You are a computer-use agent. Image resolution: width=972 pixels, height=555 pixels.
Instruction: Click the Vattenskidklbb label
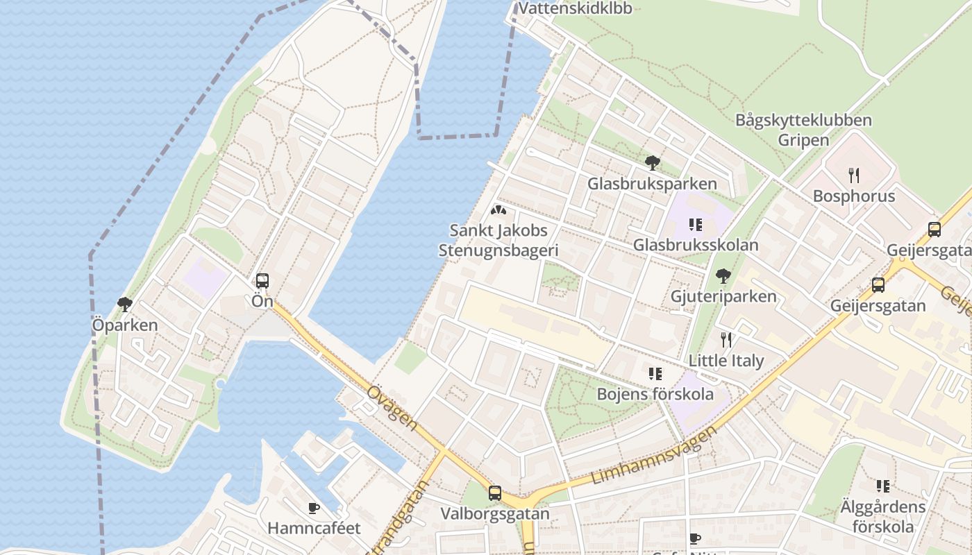(x=576, y=8)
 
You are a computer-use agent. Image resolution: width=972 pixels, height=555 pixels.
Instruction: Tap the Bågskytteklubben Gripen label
(x=803, y=130)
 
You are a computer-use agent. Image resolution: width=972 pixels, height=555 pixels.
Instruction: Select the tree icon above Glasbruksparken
(x=652, y=163)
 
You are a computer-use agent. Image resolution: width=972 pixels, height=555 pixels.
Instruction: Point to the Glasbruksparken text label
(x=652, y=184)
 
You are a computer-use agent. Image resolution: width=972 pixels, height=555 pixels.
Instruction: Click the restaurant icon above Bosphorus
(x=853, y=175)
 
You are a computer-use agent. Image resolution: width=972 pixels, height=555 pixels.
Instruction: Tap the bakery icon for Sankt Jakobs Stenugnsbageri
(x=498, y=210)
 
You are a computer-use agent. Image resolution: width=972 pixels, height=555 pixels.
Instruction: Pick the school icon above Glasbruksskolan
(x=695, y=224)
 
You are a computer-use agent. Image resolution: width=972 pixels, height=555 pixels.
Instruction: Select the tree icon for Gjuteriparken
(x=723, y=276)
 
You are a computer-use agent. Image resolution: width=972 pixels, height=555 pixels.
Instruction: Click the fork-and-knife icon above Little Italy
(x=726, y=339)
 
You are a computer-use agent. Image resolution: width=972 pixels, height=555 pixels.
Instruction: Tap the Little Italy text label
(x=726, y=361)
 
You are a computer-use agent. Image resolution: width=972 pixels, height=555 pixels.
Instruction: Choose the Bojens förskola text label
(x=655, y=394)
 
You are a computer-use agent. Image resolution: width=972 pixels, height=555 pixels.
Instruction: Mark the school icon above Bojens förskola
(x=655, y=374)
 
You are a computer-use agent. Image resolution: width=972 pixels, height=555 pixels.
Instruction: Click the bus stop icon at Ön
(x=262, y=281)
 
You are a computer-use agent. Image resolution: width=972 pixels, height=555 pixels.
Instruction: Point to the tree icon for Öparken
(x=125, y=304)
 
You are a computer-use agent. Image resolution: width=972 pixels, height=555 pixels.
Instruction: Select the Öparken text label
(x=125, y=325)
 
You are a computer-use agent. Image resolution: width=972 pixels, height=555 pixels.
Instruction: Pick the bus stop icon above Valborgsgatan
(x=494, y=493)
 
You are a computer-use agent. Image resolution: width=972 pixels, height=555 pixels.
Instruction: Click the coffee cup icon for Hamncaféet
(x=314, y=508)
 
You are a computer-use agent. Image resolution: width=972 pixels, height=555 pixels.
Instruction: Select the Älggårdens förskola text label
(x=882, y=516)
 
